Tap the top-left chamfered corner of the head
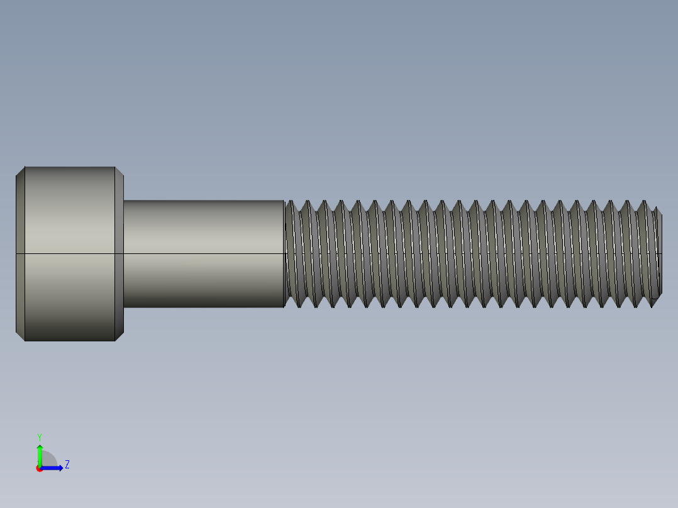pyautogui.click(x=20, y=171)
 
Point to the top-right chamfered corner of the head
pyautogui.click(x=119, y=171)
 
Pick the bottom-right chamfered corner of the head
pyautogui.click(x=119, y=336)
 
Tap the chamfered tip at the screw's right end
pyautogui.click(x=657, y=253)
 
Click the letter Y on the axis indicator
pyautogui.click(x=39, y=436)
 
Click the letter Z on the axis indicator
pyautogui.click(x=67, y=465)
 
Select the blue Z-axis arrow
pyautogui.click(x=54, y=468)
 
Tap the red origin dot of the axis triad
pyautogui.click(x=40, y=468)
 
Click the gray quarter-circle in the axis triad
pyautogui.click(x=48, y=460)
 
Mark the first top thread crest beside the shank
pyautogui.click(x=290, y=202)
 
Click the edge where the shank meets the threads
pyautogui.click(x=284, y=253)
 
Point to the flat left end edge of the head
pyautogui.click(x=16, y=253)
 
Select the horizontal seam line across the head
pyautogui.click(x=69, y=254)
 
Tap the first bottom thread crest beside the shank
pyautogui.click(x=295, y=306)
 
